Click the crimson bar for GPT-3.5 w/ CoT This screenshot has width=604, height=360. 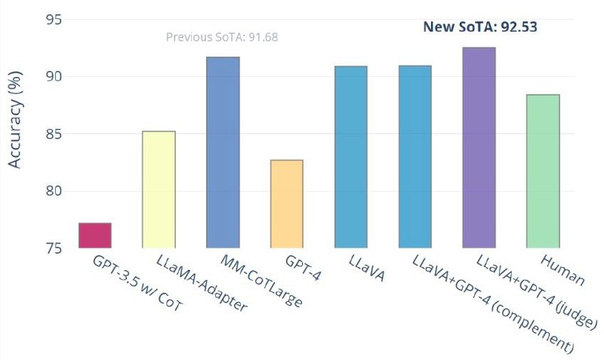pos(95,235)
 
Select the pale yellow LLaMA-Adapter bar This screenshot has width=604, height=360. pos(159,189)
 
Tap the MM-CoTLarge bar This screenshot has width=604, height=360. pos(223,152)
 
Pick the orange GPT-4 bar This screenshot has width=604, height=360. pos(286,204)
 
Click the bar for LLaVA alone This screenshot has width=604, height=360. pos(350,157)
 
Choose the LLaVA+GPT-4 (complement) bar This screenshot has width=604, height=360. pos(414,157)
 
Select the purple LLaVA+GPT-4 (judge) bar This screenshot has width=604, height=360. pos(479,147)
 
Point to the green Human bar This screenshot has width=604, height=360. pos(543,171)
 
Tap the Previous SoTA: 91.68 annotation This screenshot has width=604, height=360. pos(222,36)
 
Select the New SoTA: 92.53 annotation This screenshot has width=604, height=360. pos(479,26)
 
